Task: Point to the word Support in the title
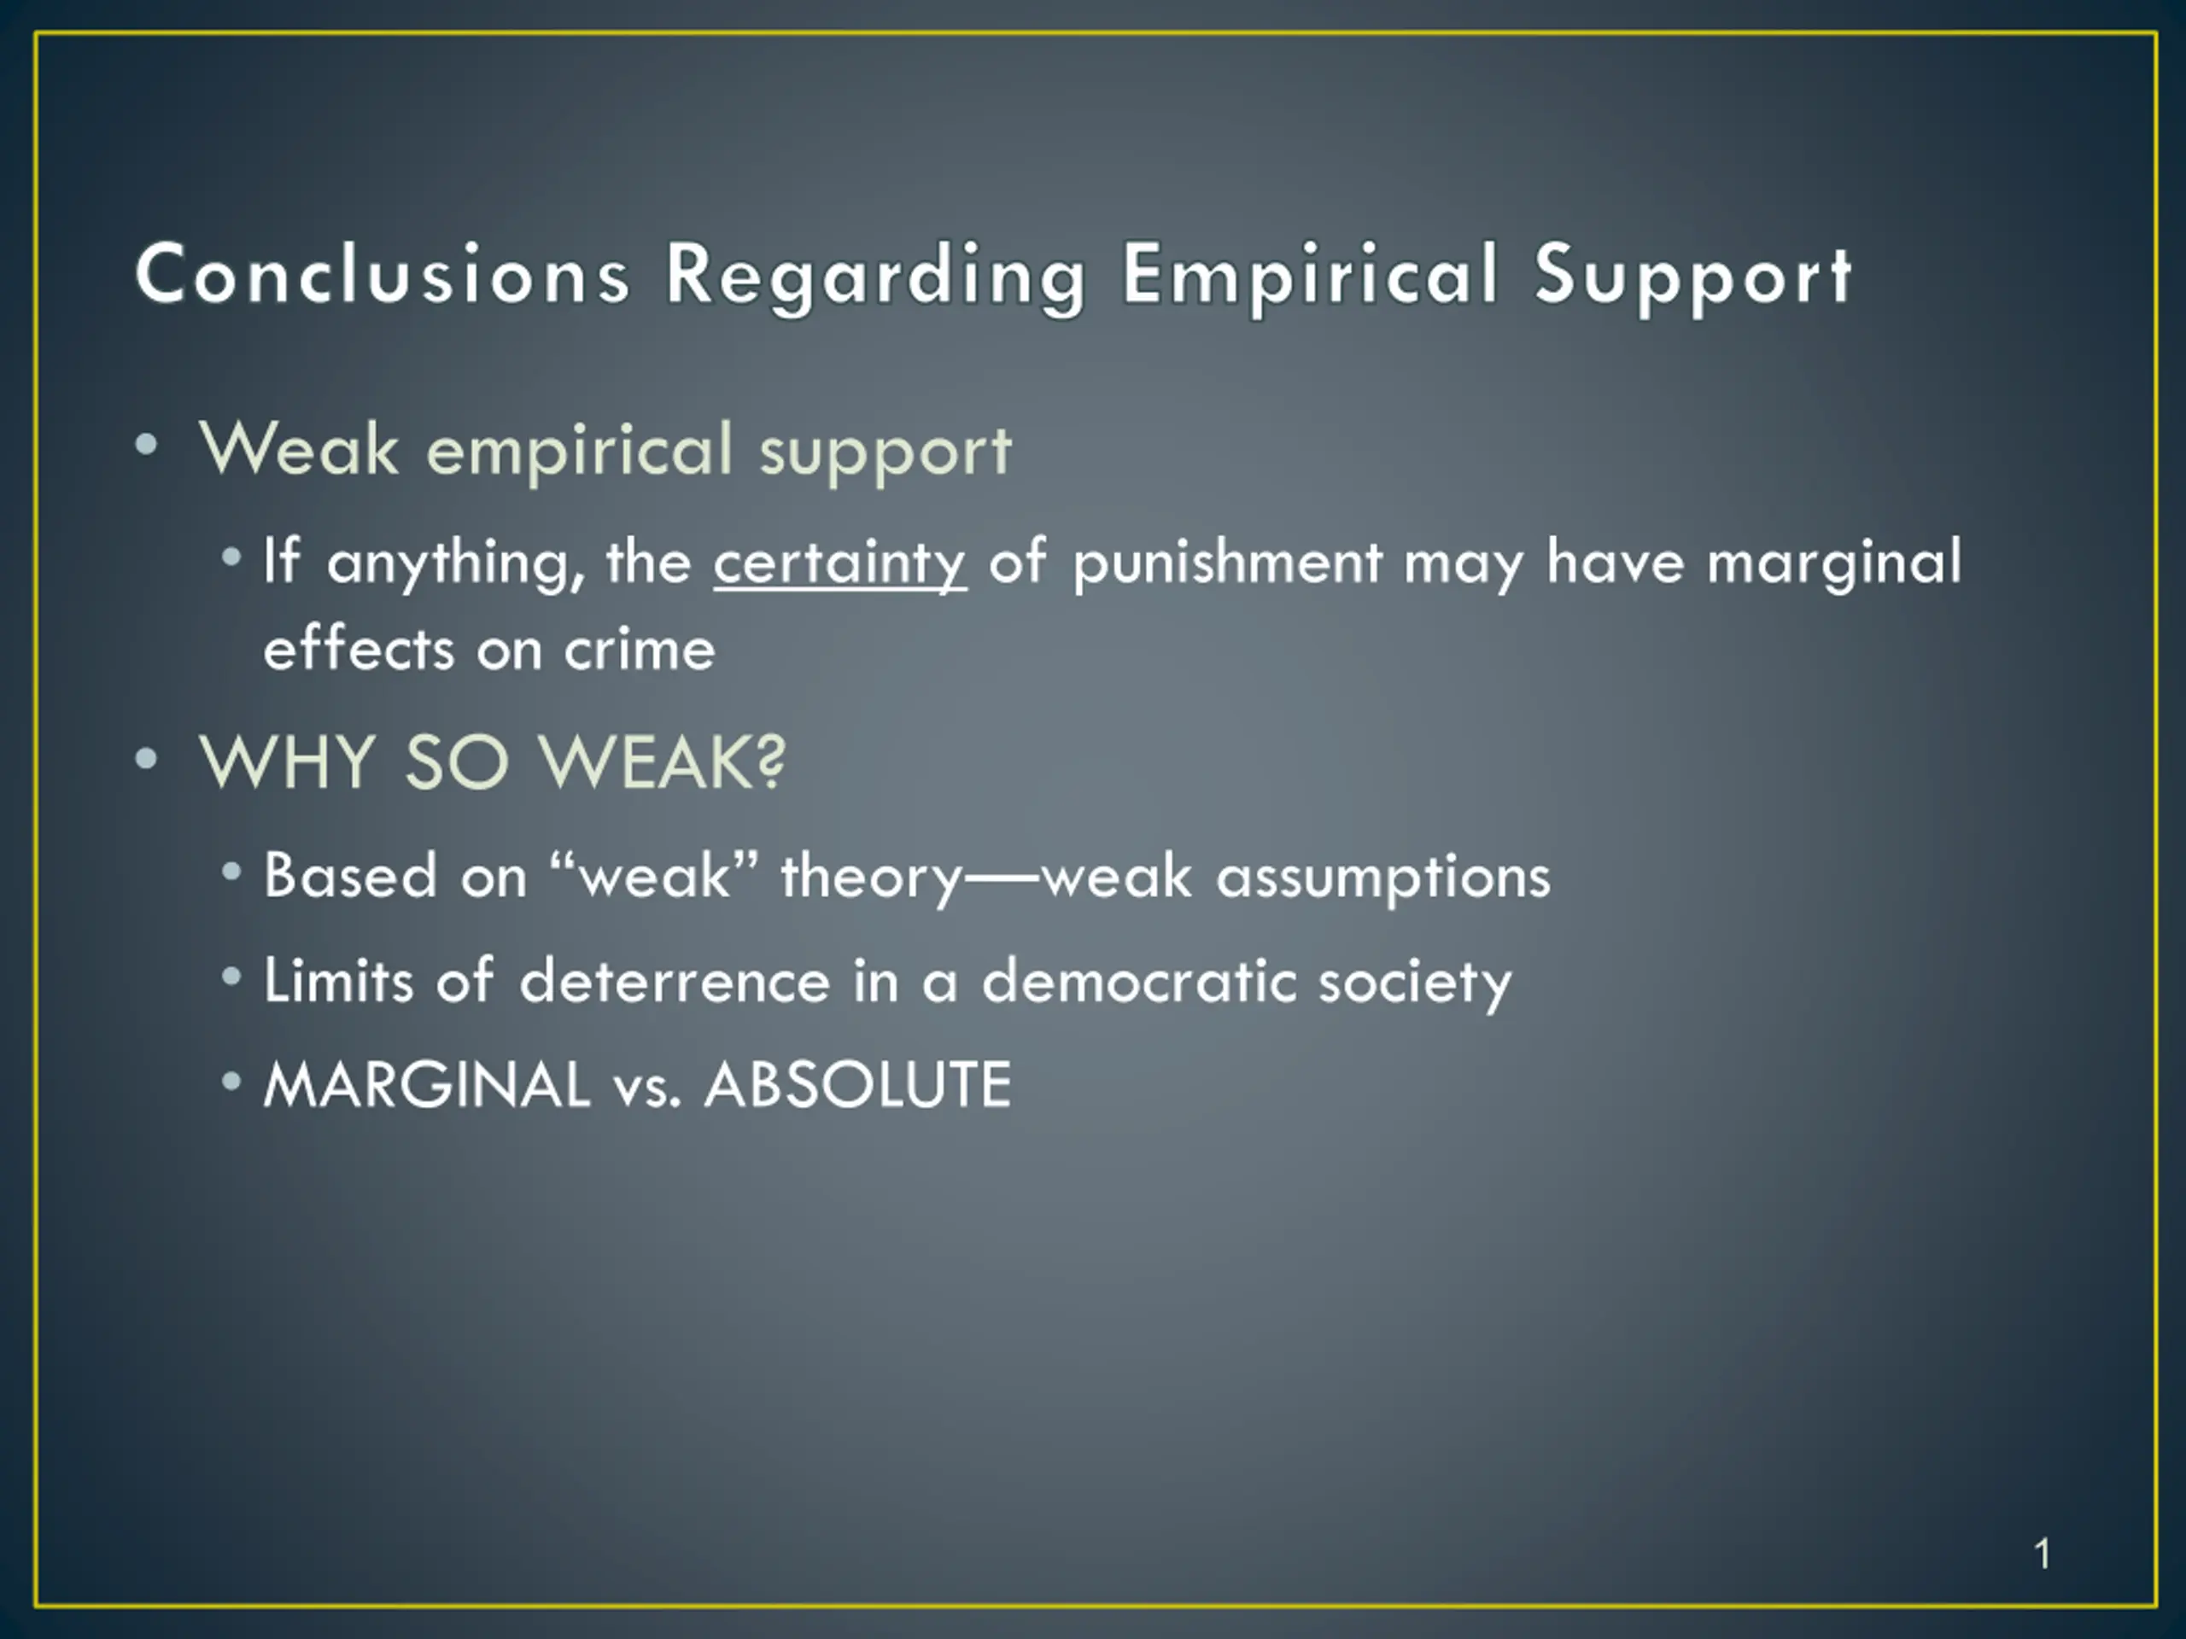click(1692, 281)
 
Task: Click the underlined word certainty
click(840, 563)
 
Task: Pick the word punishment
click(1227, 563)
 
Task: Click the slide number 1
click(2043, 1554)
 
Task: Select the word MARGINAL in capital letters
click(427, 1084)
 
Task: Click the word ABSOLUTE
click(858, 1084)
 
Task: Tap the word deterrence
click(675, 980)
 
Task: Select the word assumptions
click(1383, 878)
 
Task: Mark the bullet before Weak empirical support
click(146, 445)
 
